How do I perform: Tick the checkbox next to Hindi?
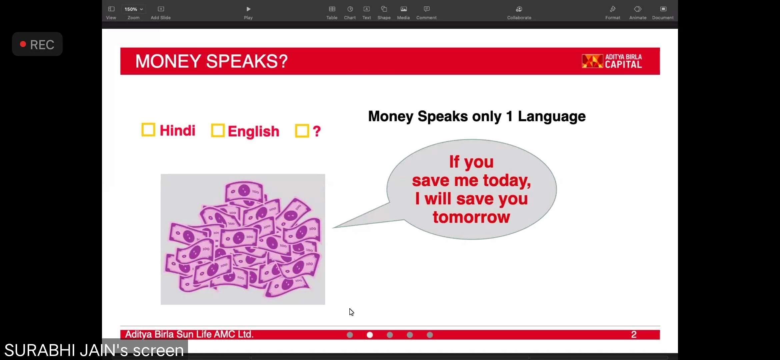pos(148,130)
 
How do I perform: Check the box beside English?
pos(218,131)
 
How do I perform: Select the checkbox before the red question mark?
pos(302,131)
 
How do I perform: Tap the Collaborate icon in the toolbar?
pos(519,9)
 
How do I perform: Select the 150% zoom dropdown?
pos(134,9)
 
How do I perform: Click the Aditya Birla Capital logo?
pos(612,61)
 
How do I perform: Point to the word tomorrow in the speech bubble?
pos(471,217)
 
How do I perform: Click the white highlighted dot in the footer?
pos(370,335)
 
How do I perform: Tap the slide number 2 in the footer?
pos(634,334)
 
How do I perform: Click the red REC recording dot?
pos(23,44)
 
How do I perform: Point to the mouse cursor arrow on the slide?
pos(351,312)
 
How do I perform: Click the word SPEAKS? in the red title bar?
pos(247,61)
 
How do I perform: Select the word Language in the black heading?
pos(552,117)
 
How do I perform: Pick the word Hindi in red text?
pos(177,130)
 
